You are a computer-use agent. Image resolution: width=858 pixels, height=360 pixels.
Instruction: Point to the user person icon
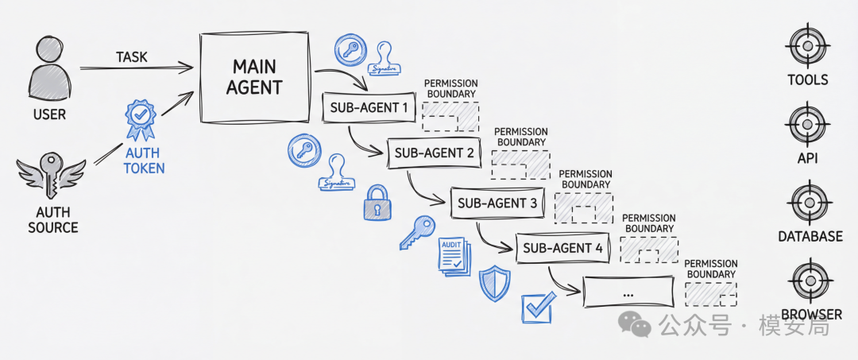50,68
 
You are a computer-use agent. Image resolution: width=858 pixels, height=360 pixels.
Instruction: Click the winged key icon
51,175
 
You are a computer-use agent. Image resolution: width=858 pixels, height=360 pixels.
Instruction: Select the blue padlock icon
377,203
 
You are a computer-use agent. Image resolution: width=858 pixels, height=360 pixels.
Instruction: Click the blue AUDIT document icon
454,257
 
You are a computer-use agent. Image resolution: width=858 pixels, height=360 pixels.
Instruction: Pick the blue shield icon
494,284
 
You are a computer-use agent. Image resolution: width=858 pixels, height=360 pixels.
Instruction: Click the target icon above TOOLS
808,47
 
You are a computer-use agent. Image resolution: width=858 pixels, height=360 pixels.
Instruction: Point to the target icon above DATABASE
808,203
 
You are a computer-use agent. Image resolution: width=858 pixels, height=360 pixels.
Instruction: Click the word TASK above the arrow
131,57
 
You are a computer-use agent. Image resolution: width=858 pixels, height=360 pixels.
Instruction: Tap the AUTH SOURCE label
53,220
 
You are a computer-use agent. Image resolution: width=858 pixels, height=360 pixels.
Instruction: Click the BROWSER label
811,315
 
